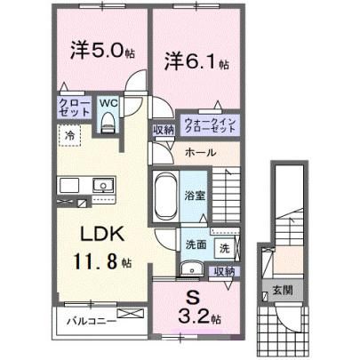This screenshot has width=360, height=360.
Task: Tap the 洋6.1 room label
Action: pyautogui.click(x=196, y=61)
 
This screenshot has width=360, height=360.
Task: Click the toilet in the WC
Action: pyautogui.click(x=108, y=122)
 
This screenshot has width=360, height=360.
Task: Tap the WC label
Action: pyautogui.click(x=108, y=103)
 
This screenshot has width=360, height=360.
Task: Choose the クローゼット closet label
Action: pyautogui.click(x=75, y=108)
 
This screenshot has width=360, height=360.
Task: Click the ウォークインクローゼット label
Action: pyautogui.click(x=210, y=125)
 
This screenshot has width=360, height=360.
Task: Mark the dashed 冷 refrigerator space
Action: pyautogui.click(x=69, y=136)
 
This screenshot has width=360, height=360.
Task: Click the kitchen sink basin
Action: pyautogui.click(x=103, y=186)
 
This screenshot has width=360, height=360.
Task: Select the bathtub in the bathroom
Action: pyautogui.click(x=165, y=196)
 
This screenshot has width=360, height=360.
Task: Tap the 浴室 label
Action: pyautogui.click(x=195, y=196)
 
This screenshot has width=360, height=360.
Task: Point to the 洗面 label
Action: pyautogui.click(x=196, y=245)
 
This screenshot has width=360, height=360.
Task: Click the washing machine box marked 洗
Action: pyautogui.click(x=225, y=248)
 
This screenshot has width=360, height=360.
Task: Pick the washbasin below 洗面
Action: pyautogui.click(x=191, y=269)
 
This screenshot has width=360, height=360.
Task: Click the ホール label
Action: pyautogui.click(x=200, y=153)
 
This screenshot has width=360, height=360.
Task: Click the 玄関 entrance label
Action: pyautogui.click(x=283, y=291)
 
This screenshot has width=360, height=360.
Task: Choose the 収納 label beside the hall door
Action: pyautogui.click(x=164, y=130)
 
